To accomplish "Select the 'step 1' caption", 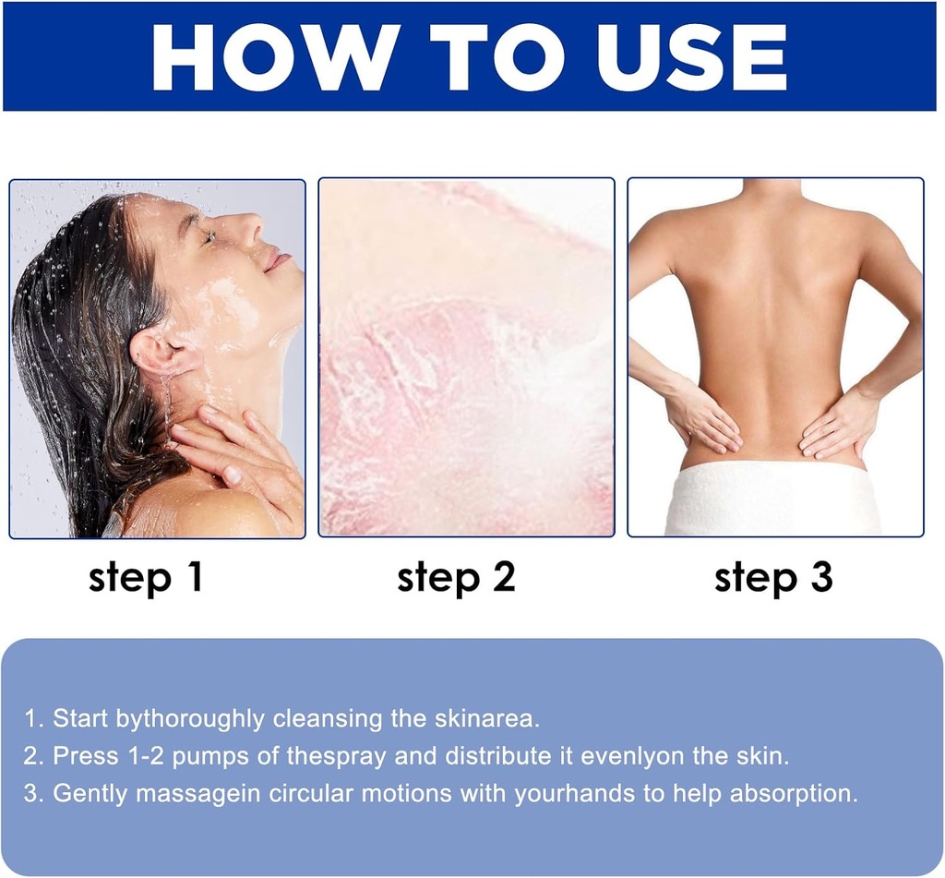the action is pyautogui.click(x=145, y=578).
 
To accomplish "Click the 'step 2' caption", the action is pyautogui.click(x=456, y=578).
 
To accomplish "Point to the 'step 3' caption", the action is pyautogui.click(x=773, y=578).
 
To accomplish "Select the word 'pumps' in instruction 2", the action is pyautogui.click(x=210, y=756).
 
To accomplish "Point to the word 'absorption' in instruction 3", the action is pyautogui.click(x=793, y=794).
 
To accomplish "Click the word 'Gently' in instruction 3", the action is pyautogui.click(x=90, y=794).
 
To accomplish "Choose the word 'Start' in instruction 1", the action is pyautogui.click(x=80, y=719).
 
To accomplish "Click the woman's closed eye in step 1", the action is pyautogui.click(x=209, y=237).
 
